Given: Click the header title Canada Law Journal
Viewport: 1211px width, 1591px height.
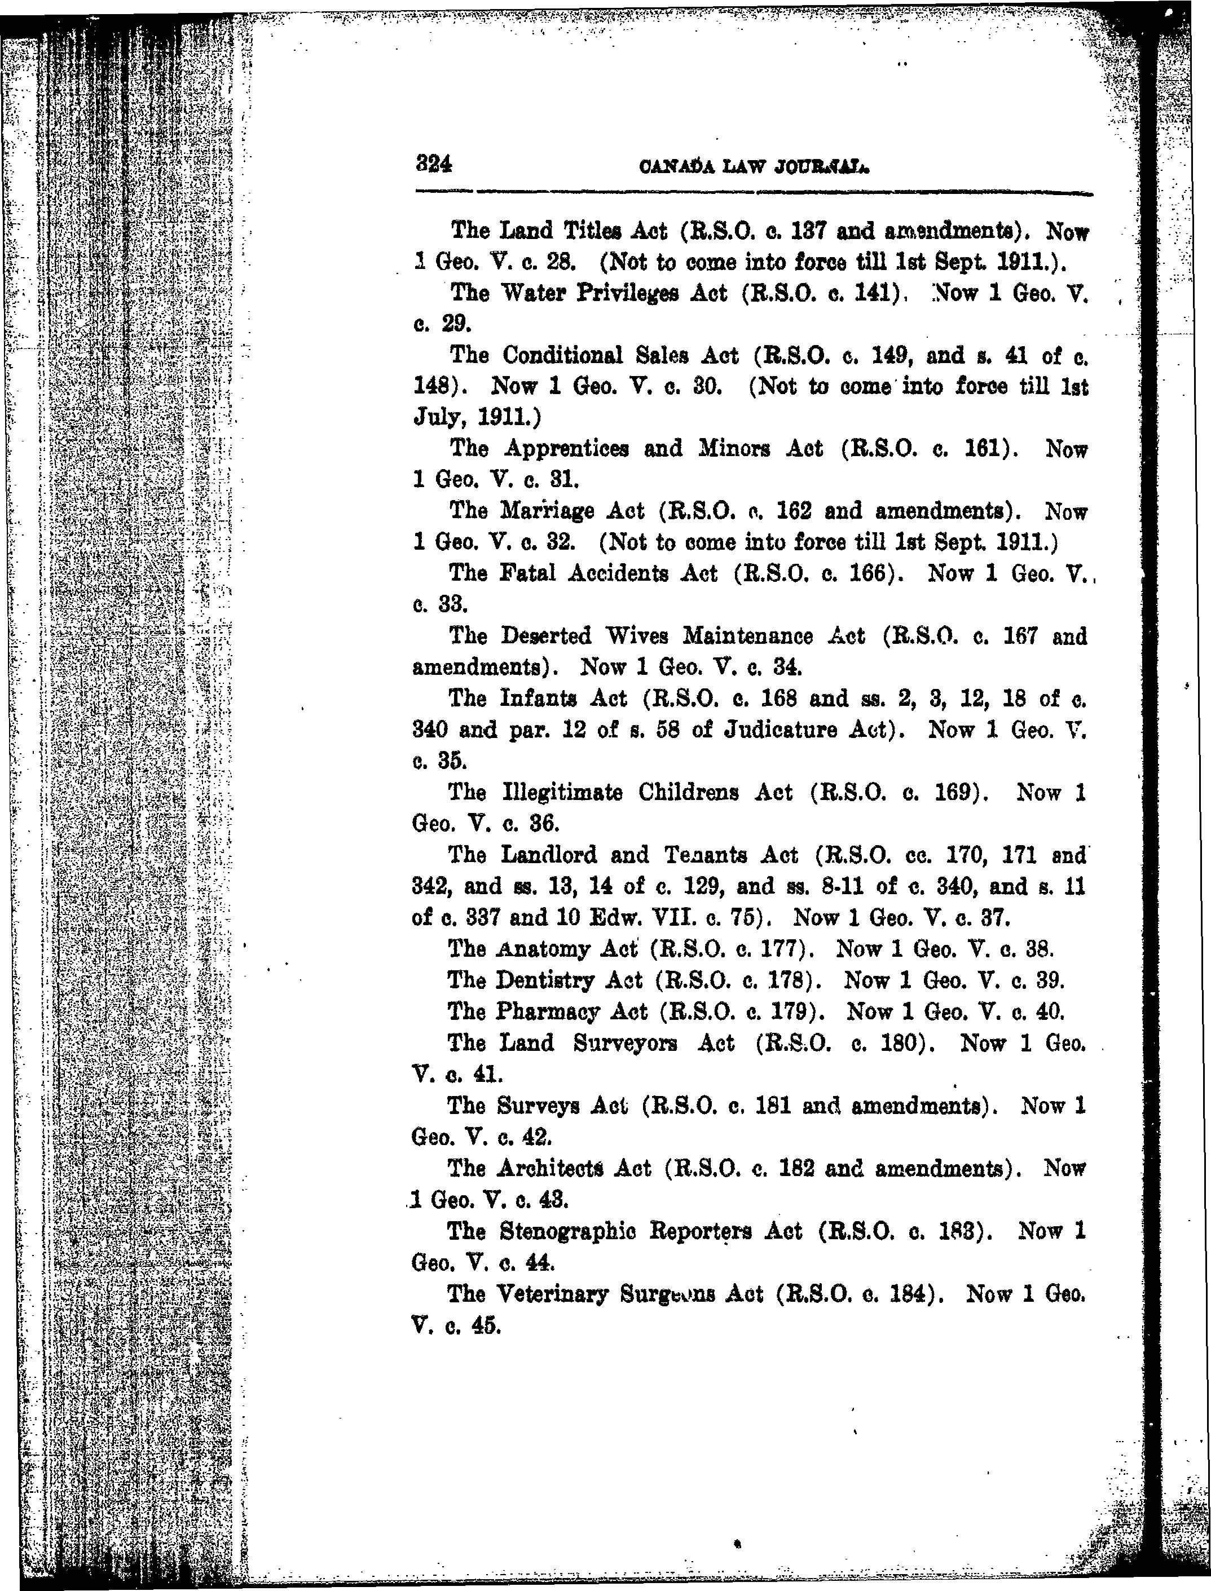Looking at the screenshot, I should coord(753,167).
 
